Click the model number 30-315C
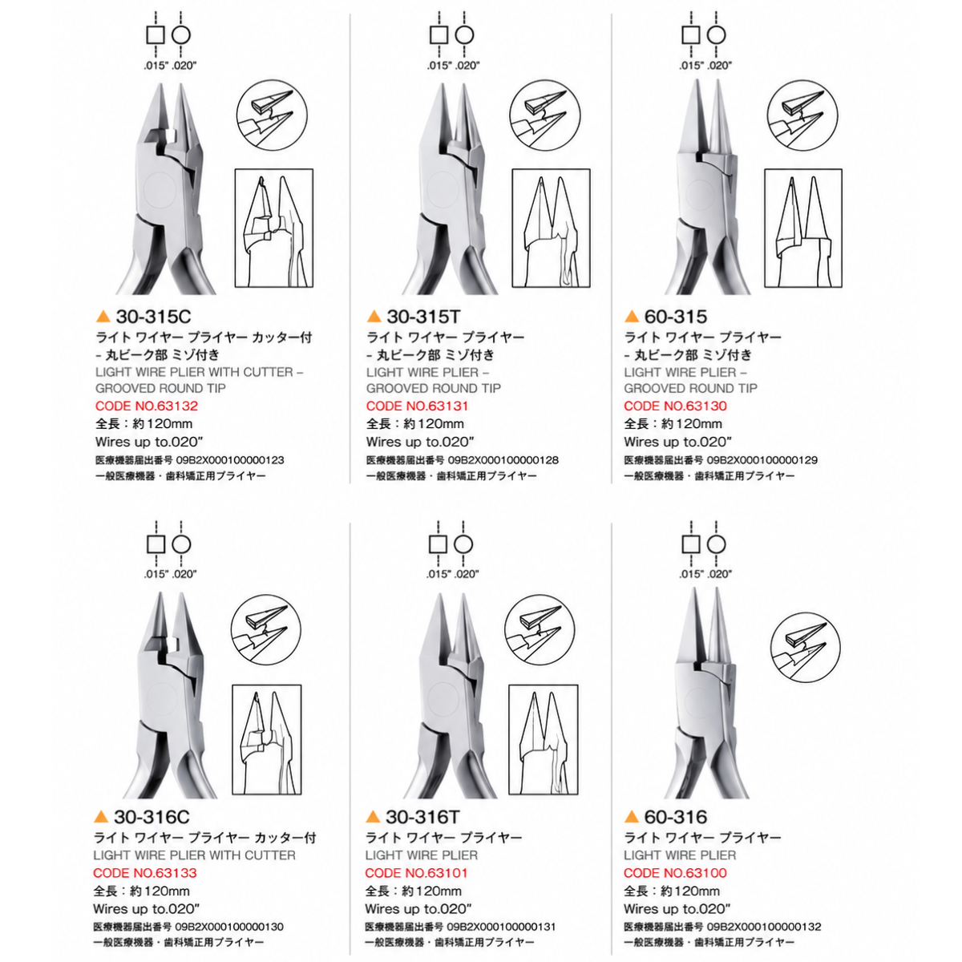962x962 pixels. pos(153,317)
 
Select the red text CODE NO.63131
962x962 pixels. pos(417,406)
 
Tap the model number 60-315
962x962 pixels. pos(676,317)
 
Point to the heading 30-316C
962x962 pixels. pos(152,817)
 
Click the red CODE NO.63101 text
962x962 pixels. pos(416,873)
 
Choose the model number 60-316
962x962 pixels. pos(676,817)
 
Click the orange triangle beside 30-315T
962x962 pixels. pos(374,316)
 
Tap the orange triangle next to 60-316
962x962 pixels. pos(632,816)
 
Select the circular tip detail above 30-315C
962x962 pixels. pos(272,115)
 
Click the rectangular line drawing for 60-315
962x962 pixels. pos(802,228)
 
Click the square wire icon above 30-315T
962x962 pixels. pos(439,35)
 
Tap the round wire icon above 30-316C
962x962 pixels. pos(181,544)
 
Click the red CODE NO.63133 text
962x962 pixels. pos(145,873)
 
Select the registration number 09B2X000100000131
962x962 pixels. pos(501,927)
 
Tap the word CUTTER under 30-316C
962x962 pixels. pos(270,855)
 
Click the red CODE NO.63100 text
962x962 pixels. pos(675,873)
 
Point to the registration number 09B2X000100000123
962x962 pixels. pos(230,460)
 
